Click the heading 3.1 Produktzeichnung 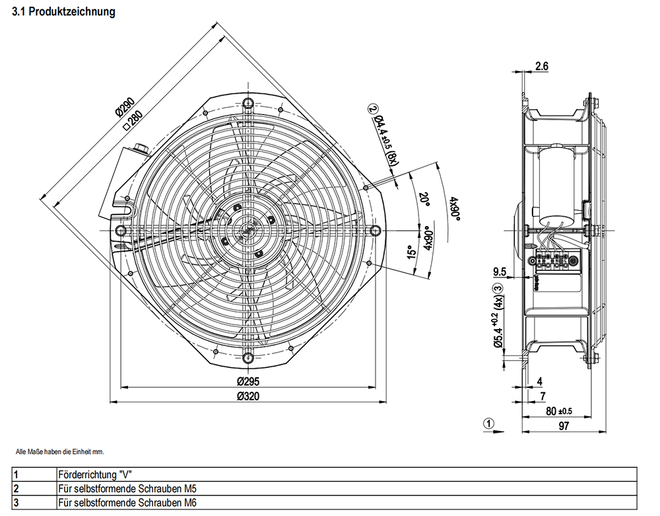63,12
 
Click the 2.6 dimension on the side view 542,66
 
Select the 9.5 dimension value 500,271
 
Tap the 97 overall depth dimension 564,426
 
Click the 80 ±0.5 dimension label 558,411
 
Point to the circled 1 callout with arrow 488,424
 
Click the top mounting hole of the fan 247,103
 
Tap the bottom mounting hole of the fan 247,357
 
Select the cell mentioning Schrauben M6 127,503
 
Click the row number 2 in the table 16,489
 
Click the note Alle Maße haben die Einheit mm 60,452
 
